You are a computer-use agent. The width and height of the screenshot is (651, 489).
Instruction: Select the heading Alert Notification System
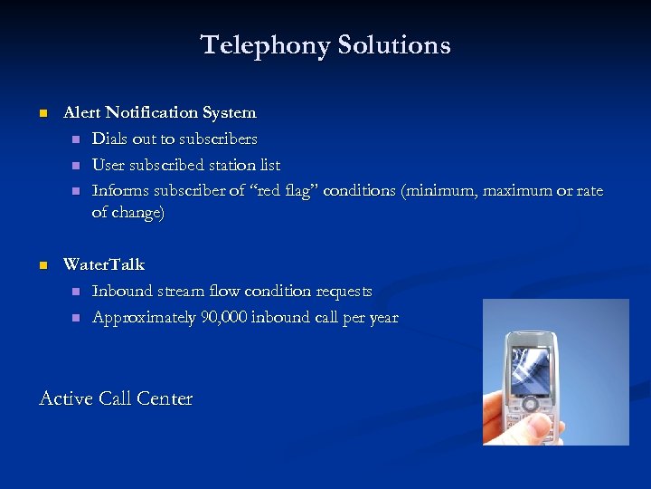click(159, 113)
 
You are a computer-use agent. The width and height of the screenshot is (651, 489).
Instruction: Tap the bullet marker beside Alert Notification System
click(42, 114)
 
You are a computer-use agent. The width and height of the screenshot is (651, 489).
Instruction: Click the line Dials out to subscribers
click(175, 139)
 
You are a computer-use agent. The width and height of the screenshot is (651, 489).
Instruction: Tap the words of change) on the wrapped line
click(128, 213)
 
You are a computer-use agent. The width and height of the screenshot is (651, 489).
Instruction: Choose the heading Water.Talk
click(103, 265)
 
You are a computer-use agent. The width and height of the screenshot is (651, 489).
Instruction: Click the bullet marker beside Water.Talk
click(42, 266)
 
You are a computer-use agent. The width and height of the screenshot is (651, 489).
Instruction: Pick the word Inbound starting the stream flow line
click(122, 292)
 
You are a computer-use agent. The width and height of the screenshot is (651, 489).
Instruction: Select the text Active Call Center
click(116, 398)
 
